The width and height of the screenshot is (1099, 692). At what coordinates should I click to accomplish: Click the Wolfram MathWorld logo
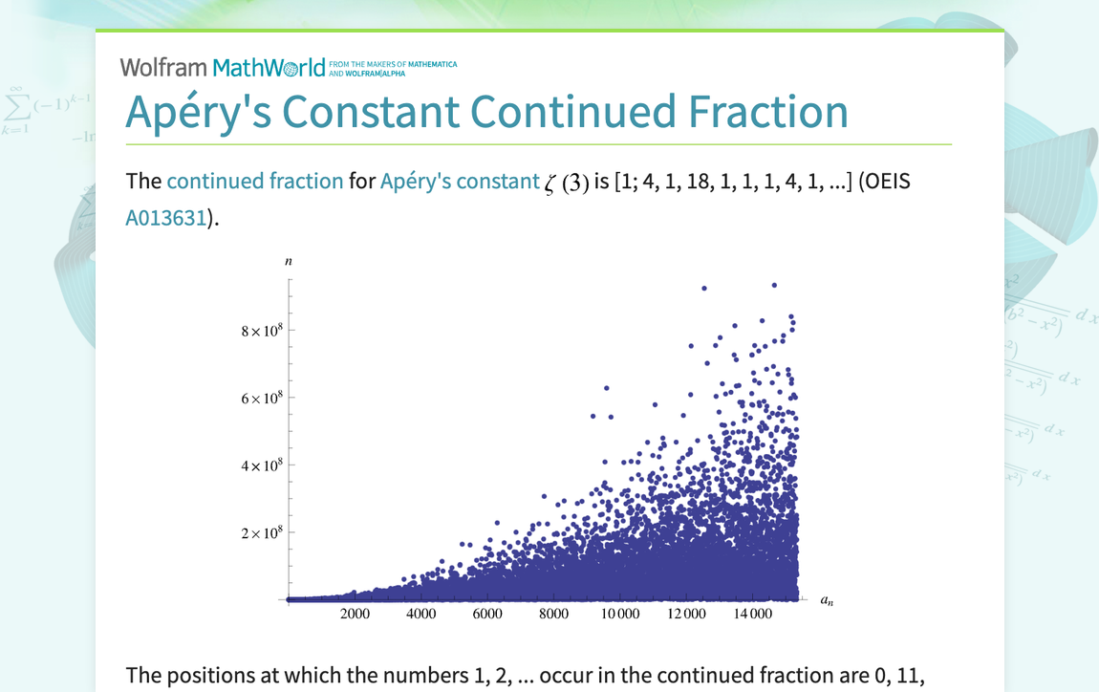223,67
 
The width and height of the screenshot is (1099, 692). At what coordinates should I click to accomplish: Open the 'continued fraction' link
254,182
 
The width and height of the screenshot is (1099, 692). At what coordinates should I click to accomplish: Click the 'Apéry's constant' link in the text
460,182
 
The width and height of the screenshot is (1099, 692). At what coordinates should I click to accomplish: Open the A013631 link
166,218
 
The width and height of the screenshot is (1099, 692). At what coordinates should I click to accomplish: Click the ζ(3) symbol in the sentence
567,184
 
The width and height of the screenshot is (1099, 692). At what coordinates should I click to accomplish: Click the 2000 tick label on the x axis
355,614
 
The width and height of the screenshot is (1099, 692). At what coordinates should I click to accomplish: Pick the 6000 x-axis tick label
487,614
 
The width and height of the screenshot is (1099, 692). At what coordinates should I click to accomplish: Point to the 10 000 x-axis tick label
619,614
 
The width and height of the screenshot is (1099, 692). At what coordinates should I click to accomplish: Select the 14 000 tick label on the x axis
752,614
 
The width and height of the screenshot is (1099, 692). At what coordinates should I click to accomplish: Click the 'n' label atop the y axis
289,260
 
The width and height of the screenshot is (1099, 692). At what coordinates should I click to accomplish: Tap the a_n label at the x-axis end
827,601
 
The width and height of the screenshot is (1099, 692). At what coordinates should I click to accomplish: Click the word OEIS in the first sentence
884,182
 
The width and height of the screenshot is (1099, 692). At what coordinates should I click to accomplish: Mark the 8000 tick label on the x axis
553,614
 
